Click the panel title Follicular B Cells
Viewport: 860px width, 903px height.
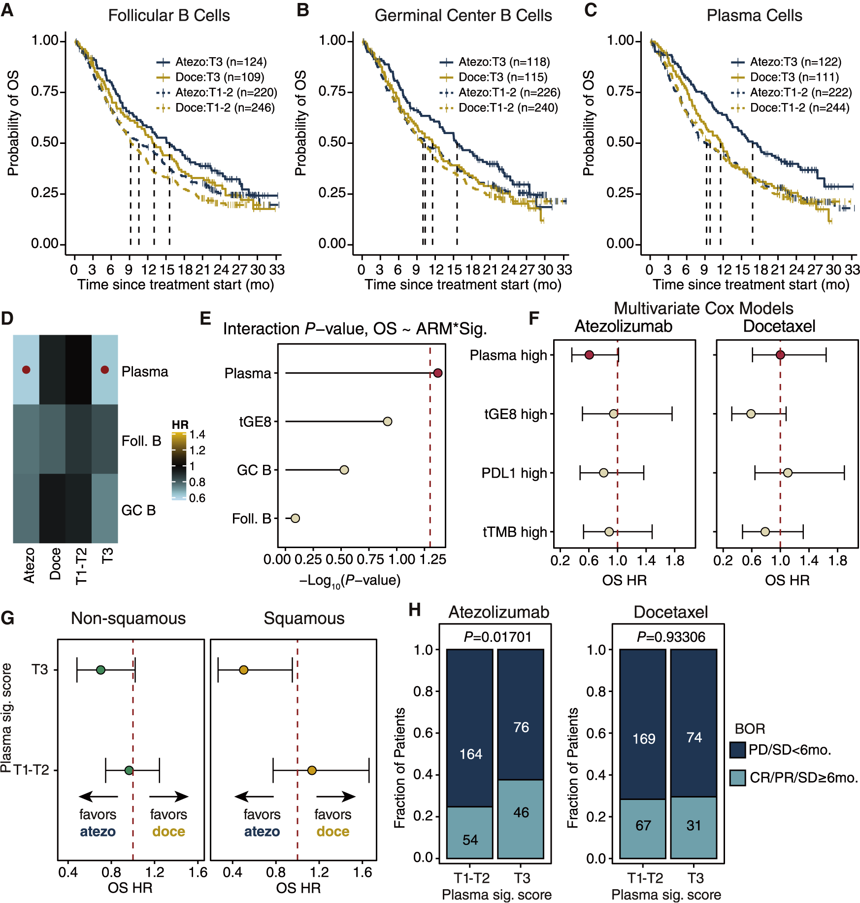click(x=169, y=16)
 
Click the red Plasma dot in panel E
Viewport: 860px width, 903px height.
click(x=437, y=373)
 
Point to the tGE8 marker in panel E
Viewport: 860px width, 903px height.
click(x=388, y=421)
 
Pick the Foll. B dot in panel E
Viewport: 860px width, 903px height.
click(x=295, y=518)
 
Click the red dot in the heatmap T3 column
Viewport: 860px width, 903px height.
click(x=104, y=370)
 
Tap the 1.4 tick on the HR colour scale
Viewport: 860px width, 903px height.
click(x=198, y=434)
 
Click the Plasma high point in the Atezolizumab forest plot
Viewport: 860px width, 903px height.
click(x=589, y=355)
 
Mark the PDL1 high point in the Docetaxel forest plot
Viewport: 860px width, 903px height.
click(x=788, y=473)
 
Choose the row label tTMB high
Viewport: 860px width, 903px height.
click(x=515, y=532)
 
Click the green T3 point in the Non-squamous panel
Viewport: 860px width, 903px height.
click(x=100, y=670)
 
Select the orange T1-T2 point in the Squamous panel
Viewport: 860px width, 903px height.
click(x=312, y=770)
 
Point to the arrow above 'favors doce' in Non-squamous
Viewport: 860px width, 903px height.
click(x=168, y=797)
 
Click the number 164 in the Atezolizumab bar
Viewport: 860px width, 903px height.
click(x=470, y=754)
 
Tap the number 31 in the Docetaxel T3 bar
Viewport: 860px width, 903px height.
click(x=694, y=825)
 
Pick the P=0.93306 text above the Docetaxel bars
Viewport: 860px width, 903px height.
click(x=671, y=637)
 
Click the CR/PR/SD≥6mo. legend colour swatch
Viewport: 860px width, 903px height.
click(x=737, y=778)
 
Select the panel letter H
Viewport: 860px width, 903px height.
click(x=414, y=610)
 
